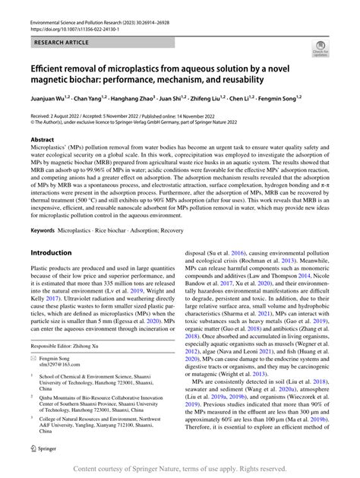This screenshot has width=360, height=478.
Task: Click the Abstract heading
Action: pos(43,140)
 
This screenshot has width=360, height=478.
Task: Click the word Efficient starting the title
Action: pos(52,67)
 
